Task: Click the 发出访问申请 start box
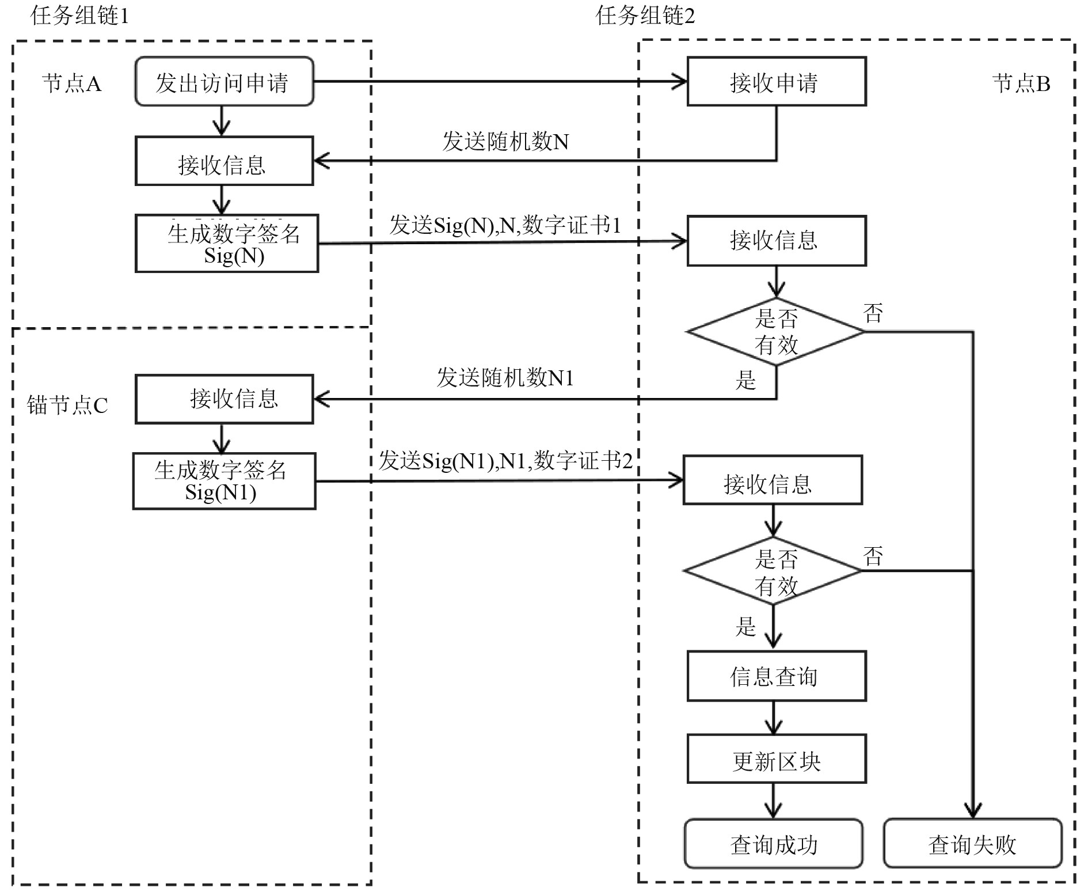[x=224, y=82]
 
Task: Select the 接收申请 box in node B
[x=776, y=82]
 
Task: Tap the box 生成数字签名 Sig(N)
[x=227, y=244]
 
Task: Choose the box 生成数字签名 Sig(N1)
[x=224, y=481]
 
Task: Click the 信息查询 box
[x=776, y=676]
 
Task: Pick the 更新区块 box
[x=776, y=759]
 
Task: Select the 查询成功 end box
[x=773, y=843]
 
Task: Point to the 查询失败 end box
[x=972, y=843]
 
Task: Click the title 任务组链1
[x=80, y=16]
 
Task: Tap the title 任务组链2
[x=645, y=16]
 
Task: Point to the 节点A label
[x=72, y=84]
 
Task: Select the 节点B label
[x=1021, y=84]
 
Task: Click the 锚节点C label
[x=67, y=405]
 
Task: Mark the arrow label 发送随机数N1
[x=505, y=378]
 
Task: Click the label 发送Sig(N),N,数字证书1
[x=505, y=225]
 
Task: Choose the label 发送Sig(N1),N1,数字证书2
[x=505, y=461]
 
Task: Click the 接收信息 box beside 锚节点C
[x=224, y=399]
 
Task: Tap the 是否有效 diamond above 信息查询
[x=772, y=571]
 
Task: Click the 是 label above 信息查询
[x=745, y=626]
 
